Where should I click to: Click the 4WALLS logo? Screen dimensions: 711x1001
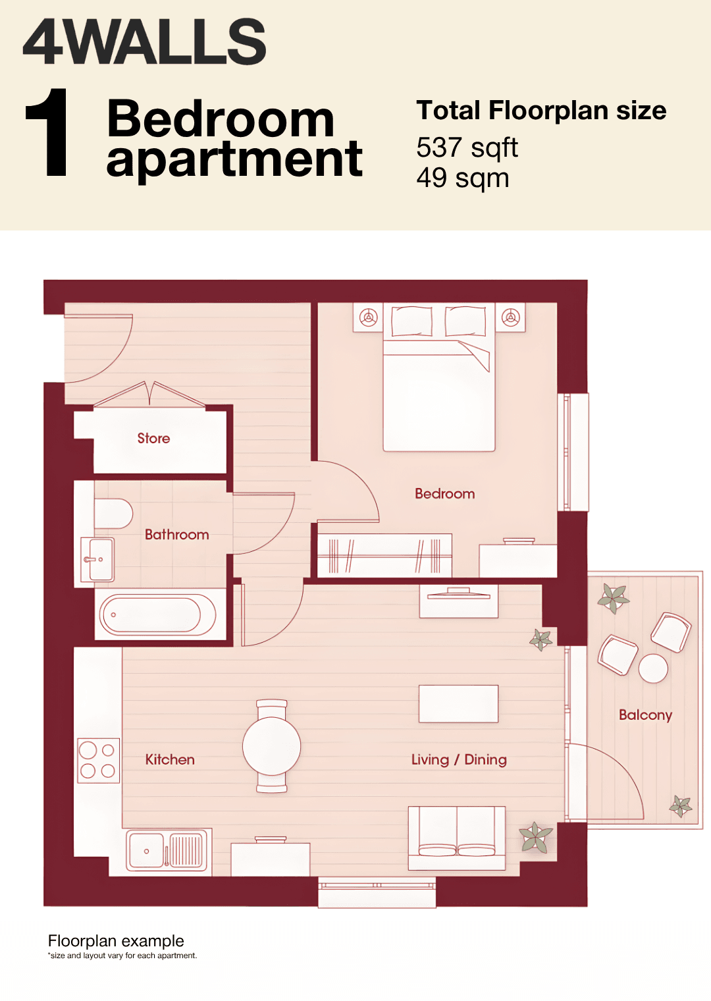(x=144, y=41)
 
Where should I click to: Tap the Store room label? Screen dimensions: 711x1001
(x=153, y=439)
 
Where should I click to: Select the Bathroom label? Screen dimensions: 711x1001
(x=177, y=535)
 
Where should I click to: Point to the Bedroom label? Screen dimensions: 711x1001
(x=445, y=493)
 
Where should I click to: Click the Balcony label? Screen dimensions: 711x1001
(x=645, y=715)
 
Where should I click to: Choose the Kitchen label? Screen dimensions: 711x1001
(x=170, y=760)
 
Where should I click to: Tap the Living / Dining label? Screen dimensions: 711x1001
(x=459, y=760)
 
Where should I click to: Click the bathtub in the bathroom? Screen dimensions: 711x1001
(x=157, y=615)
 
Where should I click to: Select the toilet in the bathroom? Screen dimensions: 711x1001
(x=113, y=514)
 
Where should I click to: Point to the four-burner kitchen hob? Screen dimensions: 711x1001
(x=98, y=760)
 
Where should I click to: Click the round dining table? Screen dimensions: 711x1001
(x=271, y=746)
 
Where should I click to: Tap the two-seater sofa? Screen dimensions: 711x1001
(x=457, y=838)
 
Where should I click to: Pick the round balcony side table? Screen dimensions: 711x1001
(x=653, y=668)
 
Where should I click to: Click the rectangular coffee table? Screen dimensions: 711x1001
(x=458, y=704)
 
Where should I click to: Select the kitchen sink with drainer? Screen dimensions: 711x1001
(x=167, y=851)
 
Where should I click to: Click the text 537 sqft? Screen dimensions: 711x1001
(x=467, y=148)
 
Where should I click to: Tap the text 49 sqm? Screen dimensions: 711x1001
(x=463, y=178)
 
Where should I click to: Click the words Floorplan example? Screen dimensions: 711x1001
(x=116, y=940)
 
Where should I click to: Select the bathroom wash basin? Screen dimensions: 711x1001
(x=97, y=560)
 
